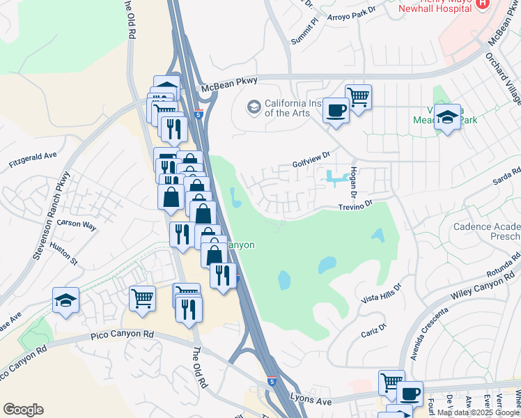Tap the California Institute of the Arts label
[293, 108]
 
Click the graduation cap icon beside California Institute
[254, 107]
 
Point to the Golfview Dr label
[310, 159]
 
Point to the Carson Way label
[77, 224]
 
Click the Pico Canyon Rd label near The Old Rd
[122, 335]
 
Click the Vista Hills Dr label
[382, 293]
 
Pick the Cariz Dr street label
[374, 330]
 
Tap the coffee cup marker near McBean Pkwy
[336, 109]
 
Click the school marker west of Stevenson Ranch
[66, 300]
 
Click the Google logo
[23, 410]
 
